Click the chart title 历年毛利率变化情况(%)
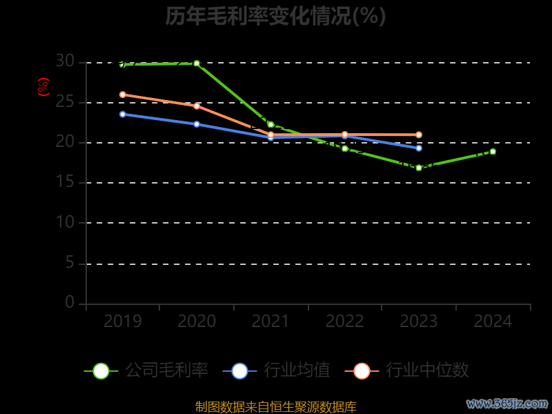275,16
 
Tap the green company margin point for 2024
493,152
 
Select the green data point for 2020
197,63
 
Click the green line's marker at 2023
419,168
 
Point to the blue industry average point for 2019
123,115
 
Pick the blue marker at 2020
197,124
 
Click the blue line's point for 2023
419,148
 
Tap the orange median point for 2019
123,95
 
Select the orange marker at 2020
197,106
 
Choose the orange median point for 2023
419,135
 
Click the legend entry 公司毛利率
146,371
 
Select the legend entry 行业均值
277,371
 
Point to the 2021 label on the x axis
270,322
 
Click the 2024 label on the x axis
493,322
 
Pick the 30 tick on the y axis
65,62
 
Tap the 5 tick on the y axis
70,263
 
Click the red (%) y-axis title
43,88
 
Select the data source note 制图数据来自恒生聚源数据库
276,407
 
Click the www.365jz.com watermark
507,403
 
